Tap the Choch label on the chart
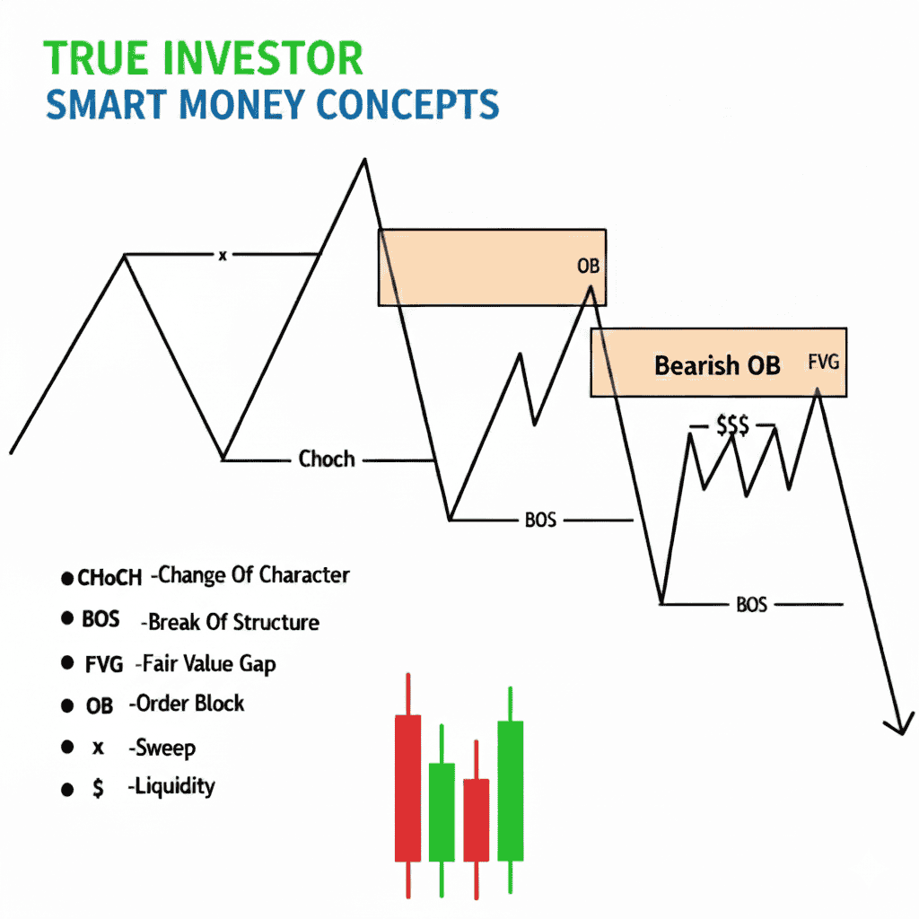(x=327, y=459)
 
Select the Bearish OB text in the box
(x=717, y=365)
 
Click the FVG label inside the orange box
(x=823, y=363)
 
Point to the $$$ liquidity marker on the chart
(x=732, y=426)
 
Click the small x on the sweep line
(x=223, y=256)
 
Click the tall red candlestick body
(x=408, y=787)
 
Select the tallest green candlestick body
(x=510, y=790)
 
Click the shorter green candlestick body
(x=442, y=810)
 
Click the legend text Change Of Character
(x=254, y=575)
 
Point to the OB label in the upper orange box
(x=588, y=267)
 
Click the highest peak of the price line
(x=364, y=161)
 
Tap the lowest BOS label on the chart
(x=751, y=605)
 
